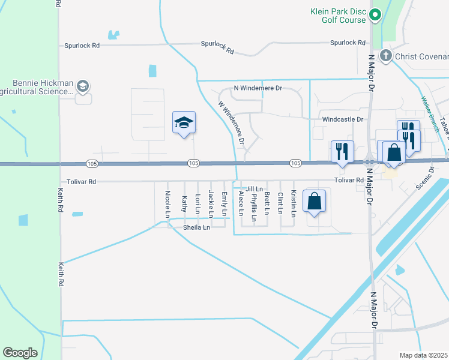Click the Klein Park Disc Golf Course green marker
[376, 14]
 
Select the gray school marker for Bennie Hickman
[83, 87]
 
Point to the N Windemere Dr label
[258, 88]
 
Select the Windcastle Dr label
[343, 119]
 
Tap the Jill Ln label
[255, 188]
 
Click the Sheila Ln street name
[197, 227]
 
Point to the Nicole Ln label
[167, 204]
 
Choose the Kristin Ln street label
[294, 203]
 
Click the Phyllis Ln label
[254, 207]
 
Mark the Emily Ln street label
[224, 203]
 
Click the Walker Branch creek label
[431, 114]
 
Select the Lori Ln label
[197, 203]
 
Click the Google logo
[20, 353]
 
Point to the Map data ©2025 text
[423, 355]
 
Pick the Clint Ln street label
[280, 203]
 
